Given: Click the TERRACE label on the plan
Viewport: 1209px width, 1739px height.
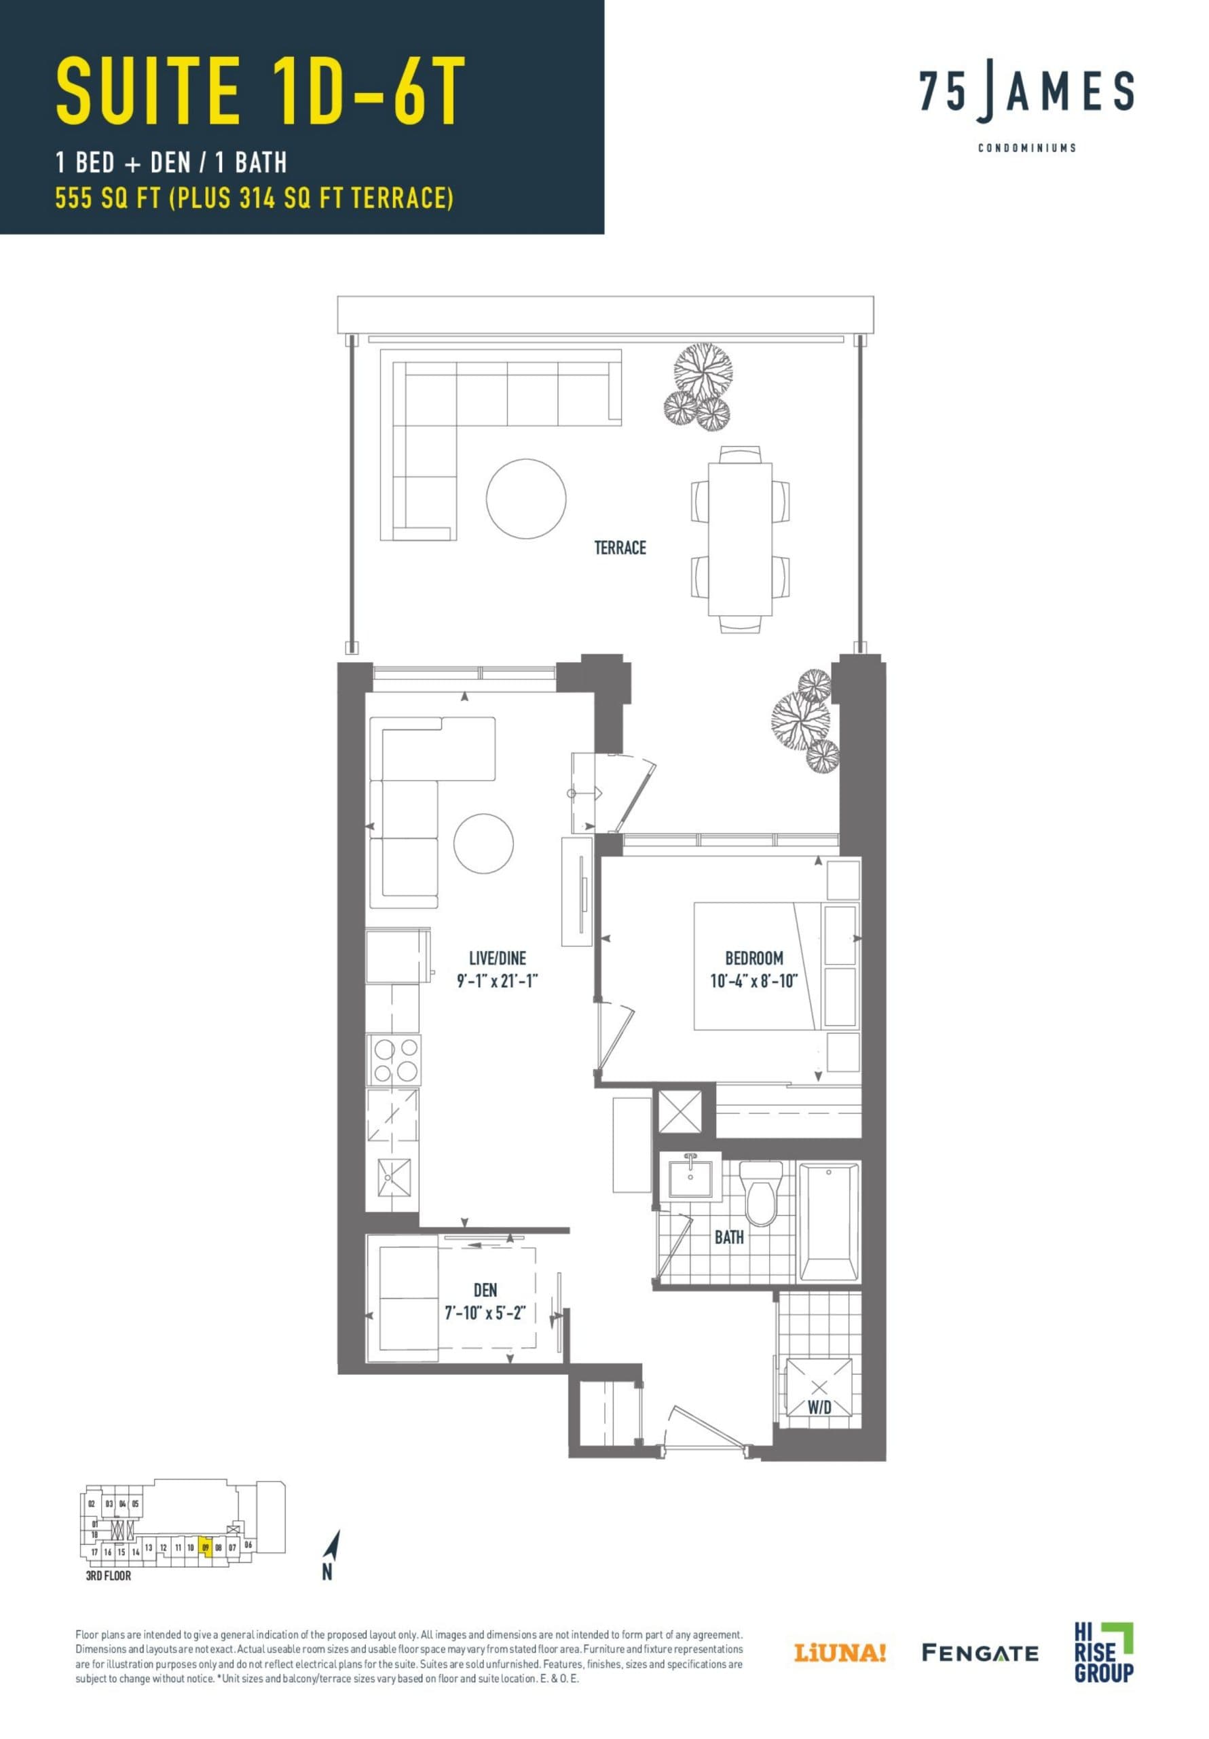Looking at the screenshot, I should [619, 548].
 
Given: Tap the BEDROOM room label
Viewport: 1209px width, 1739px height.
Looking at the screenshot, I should [754, 958].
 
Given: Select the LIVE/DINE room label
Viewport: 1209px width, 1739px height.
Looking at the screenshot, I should [497, 958].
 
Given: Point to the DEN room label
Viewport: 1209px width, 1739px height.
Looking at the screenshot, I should [485, 1290].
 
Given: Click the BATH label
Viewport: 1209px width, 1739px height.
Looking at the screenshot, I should [728, 1237].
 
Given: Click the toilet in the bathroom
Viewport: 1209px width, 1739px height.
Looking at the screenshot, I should [760, 1195].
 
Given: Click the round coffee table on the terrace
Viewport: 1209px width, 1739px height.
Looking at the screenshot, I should [525, 499].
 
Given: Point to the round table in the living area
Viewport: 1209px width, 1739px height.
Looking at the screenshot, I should [483, 843].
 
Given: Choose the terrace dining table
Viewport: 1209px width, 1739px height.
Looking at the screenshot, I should [740, 539].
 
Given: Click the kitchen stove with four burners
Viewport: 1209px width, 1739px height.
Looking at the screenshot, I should [394, 1060].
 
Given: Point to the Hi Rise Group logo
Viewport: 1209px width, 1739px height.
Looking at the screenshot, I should [1102, 1651].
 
